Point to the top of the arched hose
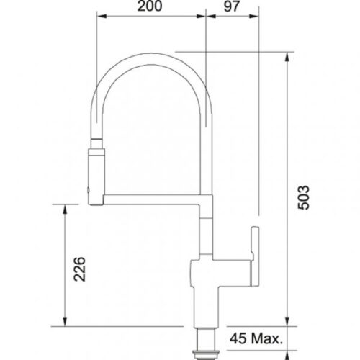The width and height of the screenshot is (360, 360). click(152, 52)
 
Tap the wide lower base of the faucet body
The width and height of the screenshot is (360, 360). click(207, 306)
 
